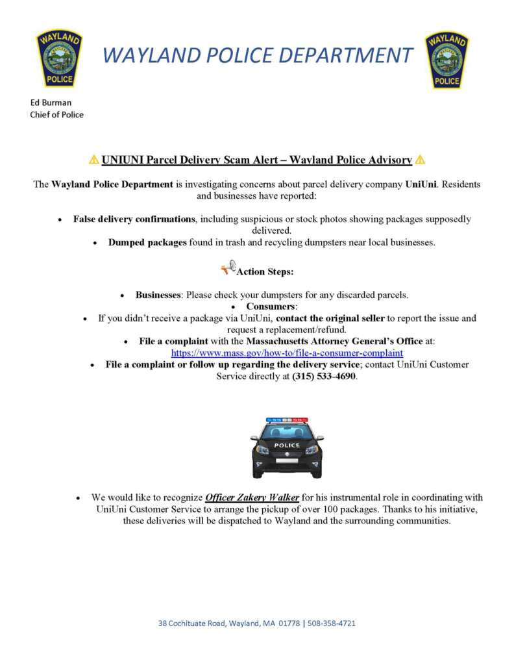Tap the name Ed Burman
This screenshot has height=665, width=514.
(51, 103)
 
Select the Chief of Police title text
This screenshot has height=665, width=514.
(57, 115)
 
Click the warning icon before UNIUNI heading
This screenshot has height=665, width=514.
(94, 160)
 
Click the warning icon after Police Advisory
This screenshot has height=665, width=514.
(419, 160)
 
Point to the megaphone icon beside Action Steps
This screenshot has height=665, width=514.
(227, 269)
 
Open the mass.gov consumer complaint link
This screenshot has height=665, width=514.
(287, 353)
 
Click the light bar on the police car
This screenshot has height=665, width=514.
(287, 420)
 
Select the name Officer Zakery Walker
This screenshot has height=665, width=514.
(252, 498)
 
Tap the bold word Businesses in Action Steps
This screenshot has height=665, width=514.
(158, 295)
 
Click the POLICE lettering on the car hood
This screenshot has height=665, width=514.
(287, 445)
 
